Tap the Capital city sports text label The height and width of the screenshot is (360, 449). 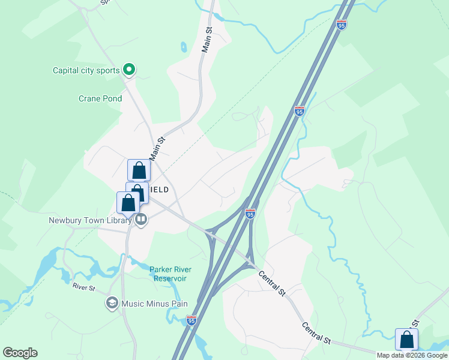pos(86,70)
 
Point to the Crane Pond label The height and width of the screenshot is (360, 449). pos(100,99)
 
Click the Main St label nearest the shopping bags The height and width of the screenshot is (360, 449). pos(157,148)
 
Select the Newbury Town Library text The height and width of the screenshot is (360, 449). pos(90,220)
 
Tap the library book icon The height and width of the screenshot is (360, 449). pos(141,220)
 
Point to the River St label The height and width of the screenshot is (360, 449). pos(84,288)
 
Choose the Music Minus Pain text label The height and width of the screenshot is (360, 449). pos(154,304)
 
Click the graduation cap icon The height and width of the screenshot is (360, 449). pos(111,304)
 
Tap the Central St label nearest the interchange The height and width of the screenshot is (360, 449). pos(272,283)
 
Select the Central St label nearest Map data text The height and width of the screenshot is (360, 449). pos(316,334)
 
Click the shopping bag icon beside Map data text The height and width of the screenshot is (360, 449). pos(406,340)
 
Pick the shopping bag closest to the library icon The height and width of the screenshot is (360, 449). pos(128,202)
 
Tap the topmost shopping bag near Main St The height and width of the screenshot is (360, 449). pos(139,170)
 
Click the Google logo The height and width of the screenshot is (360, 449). pos(20,353)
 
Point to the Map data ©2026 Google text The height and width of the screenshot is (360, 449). pos(412,355)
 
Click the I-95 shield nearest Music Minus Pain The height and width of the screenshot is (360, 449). pos(191,320)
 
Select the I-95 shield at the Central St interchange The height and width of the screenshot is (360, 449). pos(250,213)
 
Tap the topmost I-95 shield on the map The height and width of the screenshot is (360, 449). pos(342,25)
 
